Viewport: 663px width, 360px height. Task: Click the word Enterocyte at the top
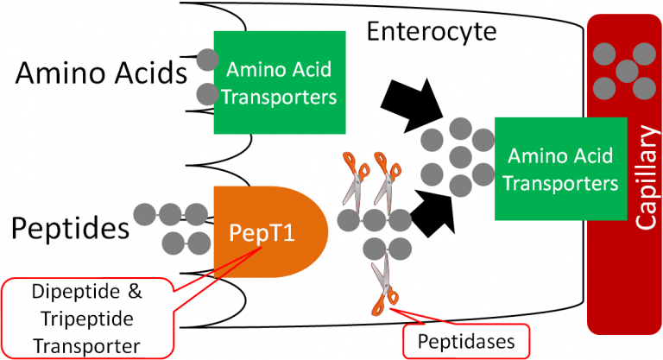click(x=432, y=32)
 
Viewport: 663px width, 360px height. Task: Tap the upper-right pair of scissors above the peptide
click(x=384, y=176)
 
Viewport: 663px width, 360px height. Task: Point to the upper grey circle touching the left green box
click(x=205, y=60)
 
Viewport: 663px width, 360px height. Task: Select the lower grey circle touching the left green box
click(x=205, y=93)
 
